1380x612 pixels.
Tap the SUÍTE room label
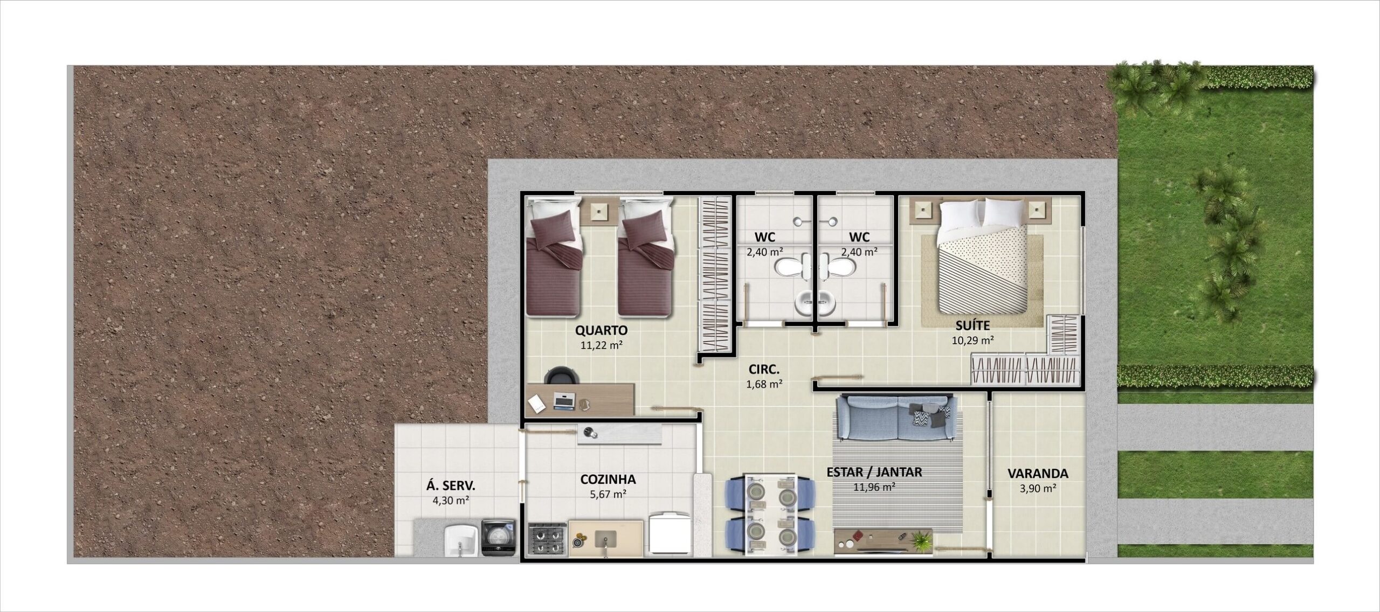pyautogui.click(x=972, y=325)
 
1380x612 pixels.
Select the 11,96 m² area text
pyautogui.click(x=874, y=488)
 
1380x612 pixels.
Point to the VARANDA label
pyautogui.click(x=1038, y=474)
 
